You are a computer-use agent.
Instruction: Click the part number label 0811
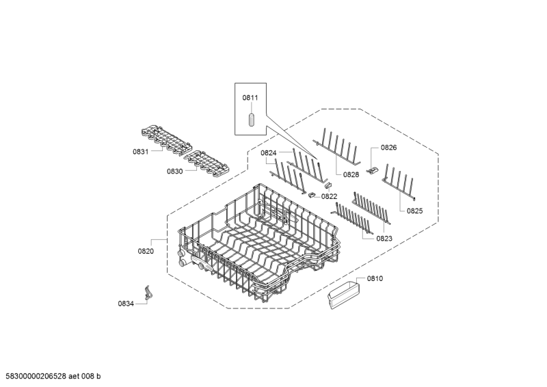click(x=250, y=98)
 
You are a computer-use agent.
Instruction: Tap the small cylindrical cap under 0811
click(x=251, y=120)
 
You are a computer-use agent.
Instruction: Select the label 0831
click(x=141, y=152)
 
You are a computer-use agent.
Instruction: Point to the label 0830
click(x=174, y=171)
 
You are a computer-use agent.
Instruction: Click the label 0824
click(x=268, y=153)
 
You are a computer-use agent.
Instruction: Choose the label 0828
click(x=351, y=174)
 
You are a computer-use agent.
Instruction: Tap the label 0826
click(x=388, y=148)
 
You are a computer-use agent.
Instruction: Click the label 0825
click(x=415, y=211)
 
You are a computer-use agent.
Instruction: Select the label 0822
click(x=330, y=196)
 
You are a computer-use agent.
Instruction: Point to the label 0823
click(x=384, y=238)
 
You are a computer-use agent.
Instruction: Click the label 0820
click(x=146, y=251)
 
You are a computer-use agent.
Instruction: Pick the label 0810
click(x=375, y=278)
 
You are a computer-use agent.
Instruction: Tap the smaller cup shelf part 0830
click(x=205, y=161)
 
